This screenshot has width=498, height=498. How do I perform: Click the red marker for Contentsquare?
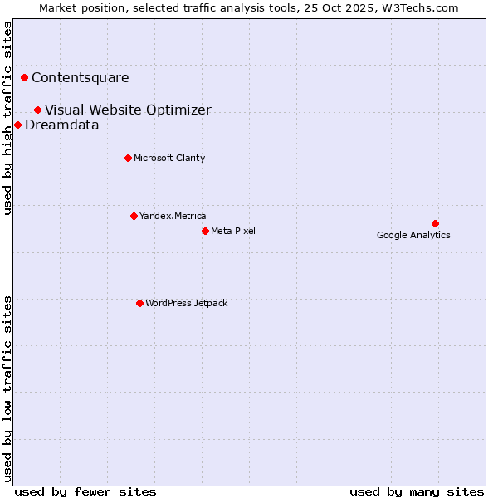[x=25, y=78]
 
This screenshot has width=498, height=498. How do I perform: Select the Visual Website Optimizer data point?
[x=38, y=110]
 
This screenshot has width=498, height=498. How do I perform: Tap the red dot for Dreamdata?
[x=18, y=125]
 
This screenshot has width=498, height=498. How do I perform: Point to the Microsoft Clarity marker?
[x=128, y=159]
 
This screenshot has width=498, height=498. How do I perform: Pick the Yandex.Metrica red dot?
[x=134, y=217]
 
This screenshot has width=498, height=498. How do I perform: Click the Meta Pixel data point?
[x=205, y=231]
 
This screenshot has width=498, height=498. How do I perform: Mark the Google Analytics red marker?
[x=435, y=223]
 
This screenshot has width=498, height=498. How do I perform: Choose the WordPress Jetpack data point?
[x=139, y=304]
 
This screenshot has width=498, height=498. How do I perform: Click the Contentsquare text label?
[x=81, y=78]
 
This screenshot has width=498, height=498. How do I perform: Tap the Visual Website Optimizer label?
[x=128, y=110]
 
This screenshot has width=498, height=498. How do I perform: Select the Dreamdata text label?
[x=62, y=125]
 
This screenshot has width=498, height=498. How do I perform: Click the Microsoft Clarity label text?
[x=169, y=159]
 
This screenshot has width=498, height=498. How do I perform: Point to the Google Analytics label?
[x=413, y=236]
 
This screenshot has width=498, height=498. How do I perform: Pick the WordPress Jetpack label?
[x=186, y=304]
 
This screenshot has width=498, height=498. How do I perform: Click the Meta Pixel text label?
[x=233, y=231]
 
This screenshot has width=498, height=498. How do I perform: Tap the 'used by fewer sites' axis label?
[x=85, y=492]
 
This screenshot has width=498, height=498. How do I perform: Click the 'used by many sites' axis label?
[x=417, y=492]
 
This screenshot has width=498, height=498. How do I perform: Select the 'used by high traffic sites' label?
[x=8, y=118]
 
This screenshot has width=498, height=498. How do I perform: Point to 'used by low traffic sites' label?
[x=8, y=388]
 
